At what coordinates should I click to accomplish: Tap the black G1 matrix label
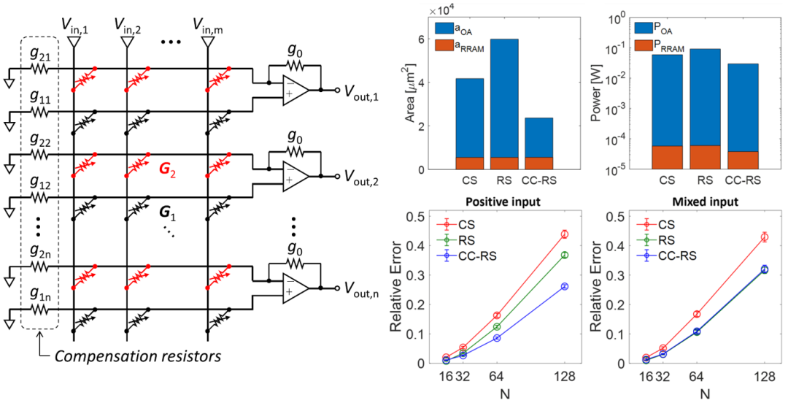[x=168, y=214]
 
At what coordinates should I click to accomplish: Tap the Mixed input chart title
[x=700, y=201]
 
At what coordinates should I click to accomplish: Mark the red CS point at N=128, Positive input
[x=564, y=234]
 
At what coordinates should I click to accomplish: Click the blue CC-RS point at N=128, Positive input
[x=564, y=286]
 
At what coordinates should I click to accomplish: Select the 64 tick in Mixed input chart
[x=696, y=377]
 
